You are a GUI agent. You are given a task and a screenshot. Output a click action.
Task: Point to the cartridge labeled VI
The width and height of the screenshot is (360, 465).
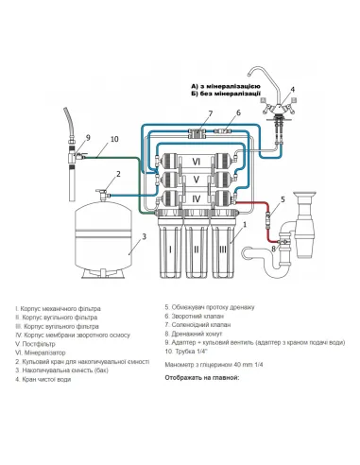pyautogui.click(x=196, y=160)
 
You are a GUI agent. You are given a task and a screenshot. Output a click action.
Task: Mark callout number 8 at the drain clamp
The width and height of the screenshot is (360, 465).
pyautogui.click(x=275, y=248)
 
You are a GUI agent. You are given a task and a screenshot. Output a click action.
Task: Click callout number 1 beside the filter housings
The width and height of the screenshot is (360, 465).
pyautogui.click(x=243, y=226)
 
